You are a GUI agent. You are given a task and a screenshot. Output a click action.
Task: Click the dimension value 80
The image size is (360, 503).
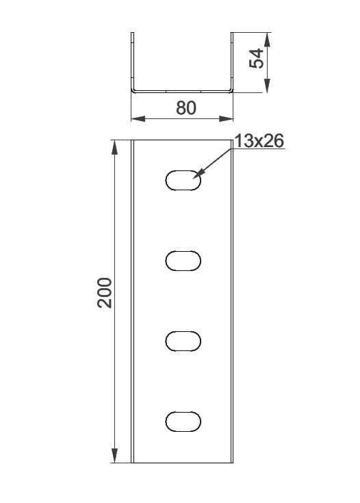point(185,108)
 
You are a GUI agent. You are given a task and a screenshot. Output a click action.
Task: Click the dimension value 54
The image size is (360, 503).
point(257,58)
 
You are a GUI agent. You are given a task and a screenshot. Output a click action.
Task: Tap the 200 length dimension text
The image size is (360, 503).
point(105,293)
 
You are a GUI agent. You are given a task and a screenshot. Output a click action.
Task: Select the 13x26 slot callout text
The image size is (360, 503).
point(259,141)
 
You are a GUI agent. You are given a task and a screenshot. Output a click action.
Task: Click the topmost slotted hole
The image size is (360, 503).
point(183,181)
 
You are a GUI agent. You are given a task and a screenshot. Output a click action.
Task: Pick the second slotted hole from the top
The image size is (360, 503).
point(183,261)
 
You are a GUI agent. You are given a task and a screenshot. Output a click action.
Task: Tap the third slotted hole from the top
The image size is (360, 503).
point(183,341)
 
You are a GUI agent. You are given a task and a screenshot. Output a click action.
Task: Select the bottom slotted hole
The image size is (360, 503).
point(183,421)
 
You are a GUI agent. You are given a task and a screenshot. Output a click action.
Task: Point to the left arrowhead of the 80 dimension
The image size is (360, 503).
point(138,118)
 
